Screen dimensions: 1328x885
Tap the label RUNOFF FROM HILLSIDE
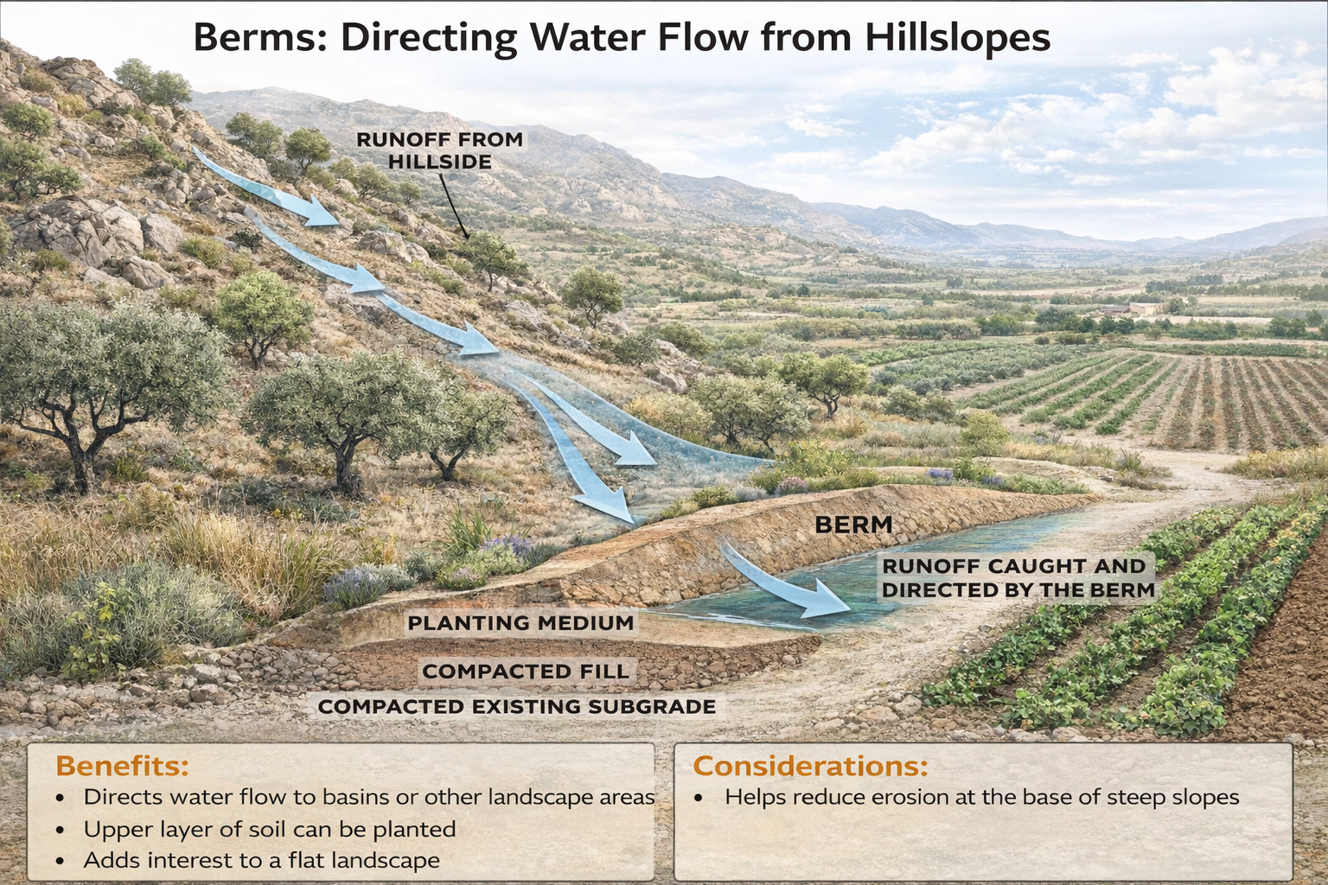pos(439,150)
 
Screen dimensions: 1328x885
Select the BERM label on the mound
pos(853,525)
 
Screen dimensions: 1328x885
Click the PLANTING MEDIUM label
pos(520,623)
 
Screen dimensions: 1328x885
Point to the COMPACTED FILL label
pos(526,672)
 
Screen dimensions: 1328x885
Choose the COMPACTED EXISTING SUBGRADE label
pos(516,707)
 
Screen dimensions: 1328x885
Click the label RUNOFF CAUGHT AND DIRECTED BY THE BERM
pos(1018,578)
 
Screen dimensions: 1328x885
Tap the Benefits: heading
pos(122,766)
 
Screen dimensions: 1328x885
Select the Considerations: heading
pos(810,766)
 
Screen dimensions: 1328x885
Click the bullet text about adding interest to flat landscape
pos(261,861)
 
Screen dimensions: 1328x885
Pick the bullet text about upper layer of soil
pos(269,830)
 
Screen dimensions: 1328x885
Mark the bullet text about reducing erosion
pos(981,797)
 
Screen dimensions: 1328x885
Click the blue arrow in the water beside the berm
pos(787,583)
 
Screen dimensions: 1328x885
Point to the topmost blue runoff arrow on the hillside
pos(268,190)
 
